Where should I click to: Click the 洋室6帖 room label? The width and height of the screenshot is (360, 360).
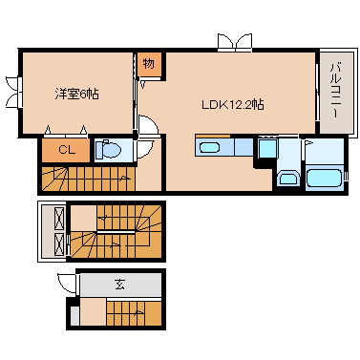[x=75, y=94]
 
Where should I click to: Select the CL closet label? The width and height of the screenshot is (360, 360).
[x=66, y=150]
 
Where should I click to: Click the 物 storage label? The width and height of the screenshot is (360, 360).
[x=149, y=65]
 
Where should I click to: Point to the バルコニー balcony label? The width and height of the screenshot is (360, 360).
[x=336, y=91]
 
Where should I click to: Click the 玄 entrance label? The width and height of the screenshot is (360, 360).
[x=120, y=284]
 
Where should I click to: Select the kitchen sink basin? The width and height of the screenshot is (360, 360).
[x=211, y=147]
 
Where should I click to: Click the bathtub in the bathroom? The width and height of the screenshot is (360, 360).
[x=324, y=178]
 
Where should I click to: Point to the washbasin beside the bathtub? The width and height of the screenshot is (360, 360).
[x=286, y=178]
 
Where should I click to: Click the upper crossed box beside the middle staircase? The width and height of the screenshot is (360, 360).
[x=53, y=218]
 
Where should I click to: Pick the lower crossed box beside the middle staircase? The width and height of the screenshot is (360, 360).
[x=53, y=244]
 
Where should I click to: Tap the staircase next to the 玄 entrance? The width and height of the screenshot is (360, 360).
[x=133, y=311]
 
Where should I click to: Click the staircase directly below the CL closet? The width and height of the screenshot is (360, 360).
[x=86, y=177]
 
